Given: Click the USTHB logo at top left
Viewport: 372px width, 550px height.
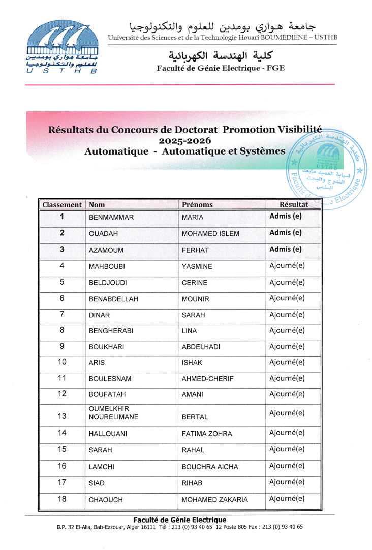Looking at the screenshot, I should [63, 47].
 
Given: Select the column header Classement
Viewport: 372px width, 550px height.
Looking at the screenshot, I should [62, 205].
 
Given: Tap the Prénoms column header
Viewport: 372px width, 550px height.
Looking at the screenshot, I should [197, 205].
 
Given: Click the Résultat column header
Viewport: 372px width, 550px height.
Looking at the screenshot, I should [294, 204].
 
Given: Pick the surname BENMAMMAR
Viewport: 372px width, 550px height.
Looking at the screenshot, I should [111, 218].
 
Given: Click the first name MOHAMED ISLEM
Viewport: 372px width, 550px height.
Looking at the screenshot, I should [210, 234].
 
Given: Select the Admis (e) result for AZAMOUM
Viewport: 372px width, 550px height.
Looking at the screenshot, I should [285, 249].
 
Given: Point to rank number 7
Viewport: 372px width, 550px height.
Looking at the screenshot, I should [62, 314].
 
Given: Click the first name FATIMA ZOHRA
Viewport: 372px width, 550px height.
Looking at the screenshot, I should [206, 434].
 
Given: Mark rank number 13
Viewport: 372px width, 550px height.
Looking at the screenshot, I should [62, 416].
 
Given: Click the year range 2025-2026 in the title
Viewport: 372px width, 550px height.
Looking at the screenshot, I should [184, 140].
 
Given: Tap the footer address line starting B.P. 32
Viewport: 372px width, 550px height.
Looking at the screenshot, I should [180, 527].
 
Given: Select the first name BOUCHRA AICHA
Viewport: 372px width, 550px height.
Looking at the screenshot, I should [210, 467].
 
